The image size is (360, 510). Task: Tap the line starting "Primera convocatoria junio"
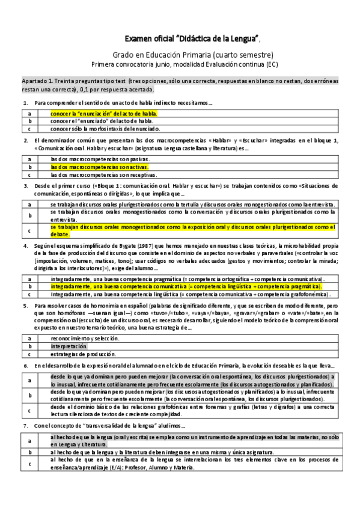click(x=185, y=64)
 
